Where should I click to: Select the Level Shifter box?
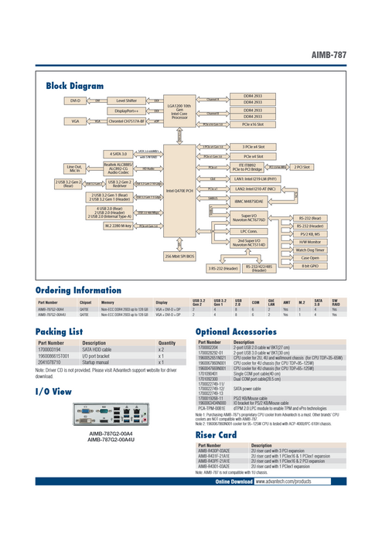(126, 100)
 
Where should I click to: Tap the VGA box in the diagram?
(75, 121)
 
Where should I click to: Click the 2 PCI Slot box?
(302, 166)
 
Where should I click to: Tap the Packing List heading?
(60, 331)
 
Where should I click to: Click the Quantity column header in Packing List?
(167, 342)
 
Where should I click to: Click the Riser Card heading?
(216, 435)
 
